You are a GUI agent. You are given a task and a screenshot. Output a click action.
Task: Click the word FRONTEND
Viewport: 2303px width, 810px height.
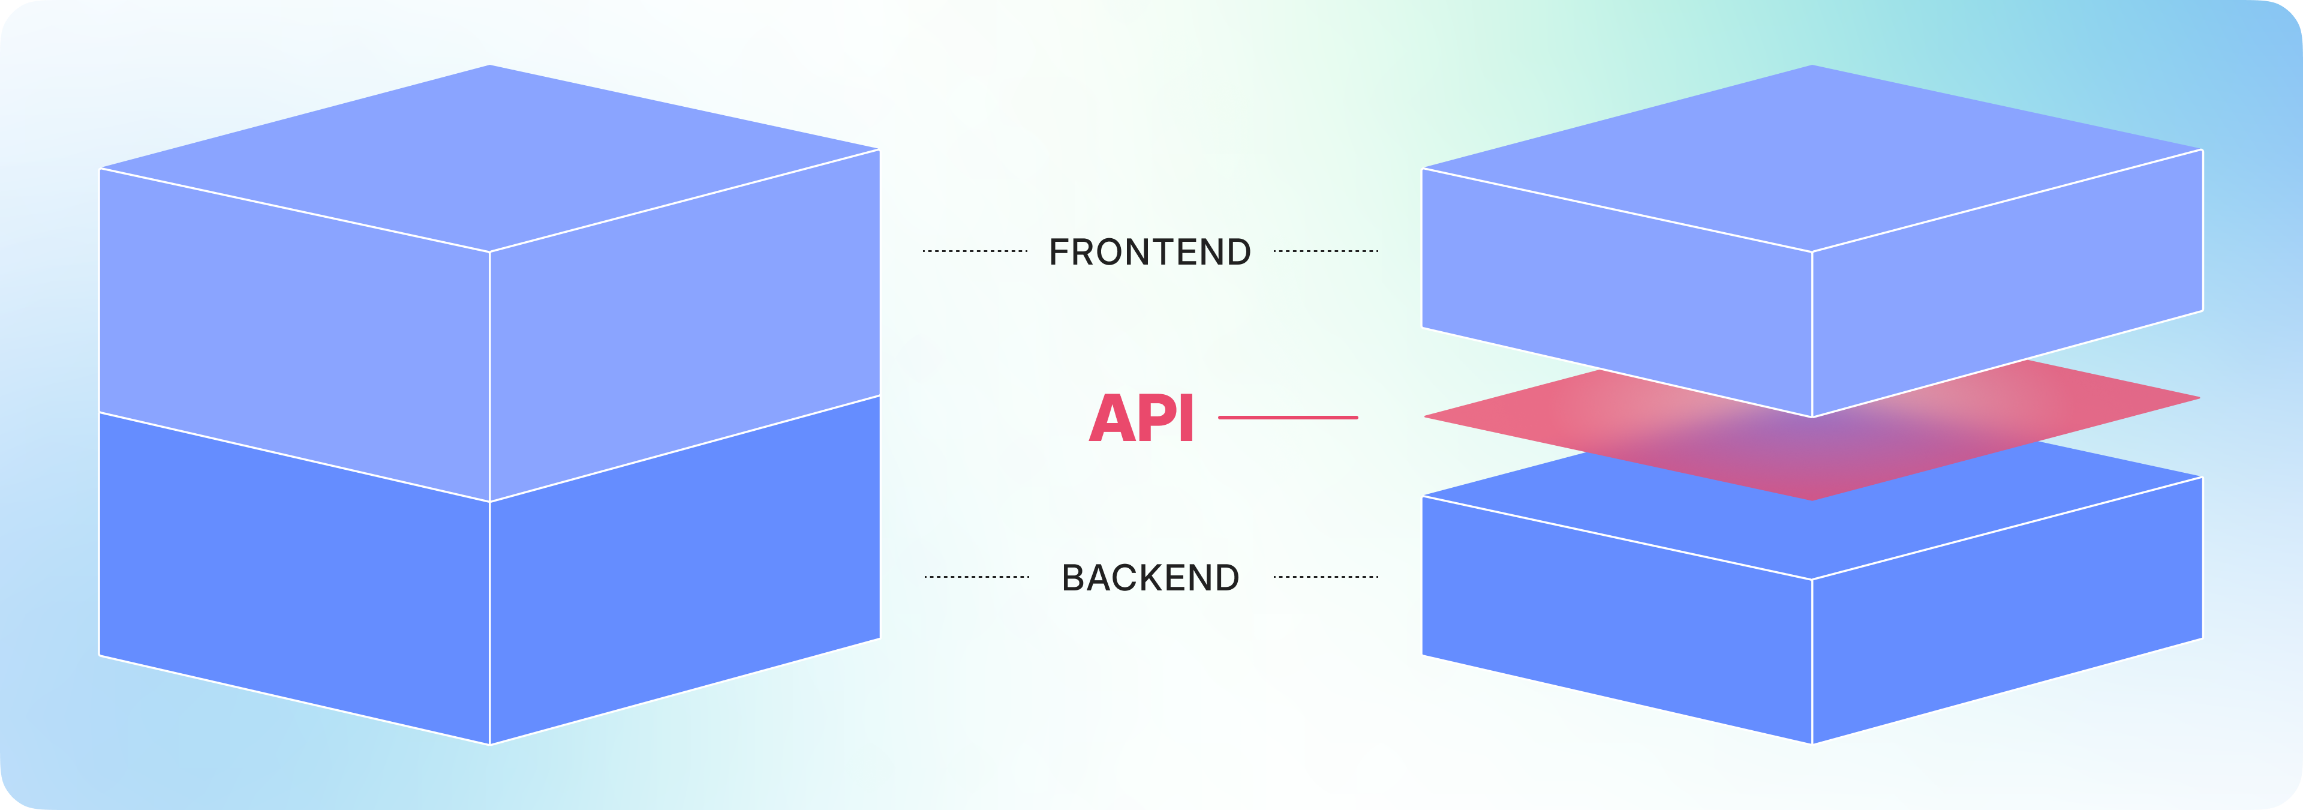(1150, 252)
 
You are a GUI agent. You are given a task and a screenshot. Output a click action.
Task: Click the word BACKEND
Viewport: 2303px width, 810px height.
(1150, 578)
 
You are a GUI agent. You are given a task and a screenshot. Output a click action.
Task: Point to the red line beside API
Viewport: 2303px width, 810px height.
(1288, 418)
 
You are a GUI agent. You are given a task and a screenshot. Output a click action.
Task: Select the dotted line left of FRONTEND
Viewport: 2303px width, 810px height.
(975, 251)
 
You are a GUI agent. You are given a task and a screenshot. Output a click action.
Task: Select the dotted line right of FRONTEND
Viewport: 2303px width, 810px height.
(1326, 251)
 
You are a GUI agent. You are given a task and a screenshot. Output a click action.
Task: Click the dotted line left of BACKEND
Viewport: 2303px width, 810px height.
(976, 577)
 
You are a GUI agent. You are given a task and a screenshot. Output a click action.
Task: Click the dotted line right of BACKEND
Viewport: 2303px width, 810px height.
(1326, 577)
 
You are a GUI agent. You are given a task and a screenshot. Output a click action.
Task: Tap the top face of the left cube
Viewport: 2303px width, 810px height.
(490, 157)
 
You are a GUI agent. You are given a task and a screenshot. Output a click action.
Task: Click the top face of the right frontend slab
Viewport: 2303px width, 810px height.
(1812, 157)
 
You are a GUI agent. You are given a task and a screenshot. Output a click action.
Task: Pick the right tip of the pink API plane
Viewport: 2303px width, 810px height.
(2197, 398)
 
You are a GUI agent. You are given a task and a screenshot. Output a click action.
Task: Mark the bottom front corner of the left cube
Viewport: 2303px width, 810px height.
(490, 743)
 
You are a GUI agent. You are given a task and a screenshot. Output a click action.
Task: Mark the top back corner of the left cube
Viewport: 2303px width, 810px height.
(490, 65)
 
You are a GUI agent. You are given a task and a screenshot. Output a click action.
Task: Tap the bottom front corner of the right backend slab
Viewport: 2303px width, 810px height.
(1812, 742)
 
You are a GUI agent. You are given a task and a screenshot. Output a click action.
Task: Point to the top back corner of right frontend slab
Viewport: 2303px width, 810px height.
(1812, 65)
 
